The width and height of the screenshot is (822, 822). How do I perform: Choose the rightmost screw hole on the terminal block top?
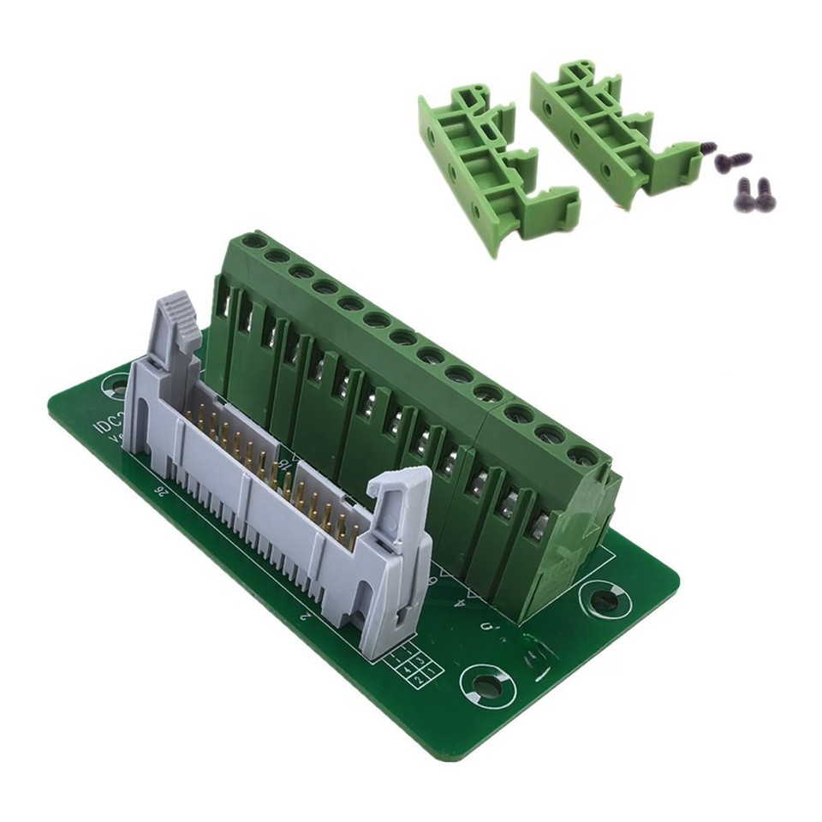pos(580,455)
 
